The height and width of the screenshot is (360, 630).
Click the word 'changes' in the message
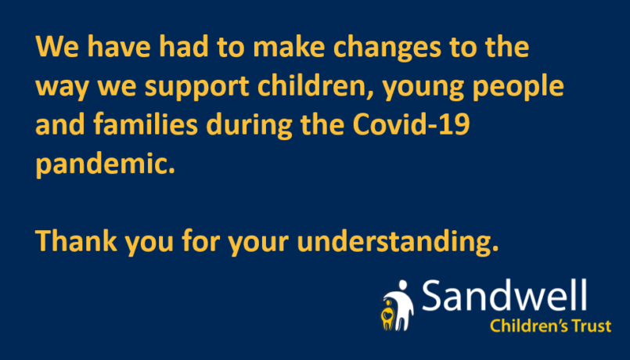click(387, 49)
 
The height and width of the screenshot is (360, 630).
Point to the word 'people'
click(518, 88)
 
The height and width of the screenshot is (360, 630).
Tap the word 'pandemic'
click(102, 164)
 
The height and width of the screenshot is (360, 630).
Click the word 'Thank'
click(77, 241)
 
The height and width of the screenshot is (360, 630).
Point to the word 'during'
click(250, 125)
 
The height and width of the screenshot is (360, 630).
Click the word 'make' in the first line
click(289, 47)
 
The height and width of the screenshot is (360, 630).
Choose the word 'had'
click(184, 47)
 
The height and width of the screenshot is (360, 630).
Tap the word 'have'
click(119, 47)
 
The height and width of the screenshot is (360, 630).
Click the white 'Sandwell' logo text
click(504, 295)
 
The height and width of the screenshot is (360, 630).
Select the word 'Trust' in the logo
click(592, 326)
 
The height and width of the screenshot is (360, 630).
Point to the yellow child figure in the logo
click(387, 315)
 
